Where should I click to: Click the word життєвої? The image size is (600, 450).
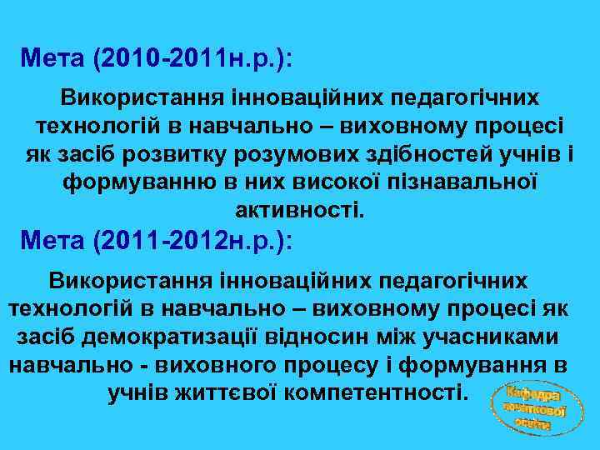227,391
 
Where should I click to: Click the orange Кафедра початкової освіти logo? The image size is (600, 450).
532,407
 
